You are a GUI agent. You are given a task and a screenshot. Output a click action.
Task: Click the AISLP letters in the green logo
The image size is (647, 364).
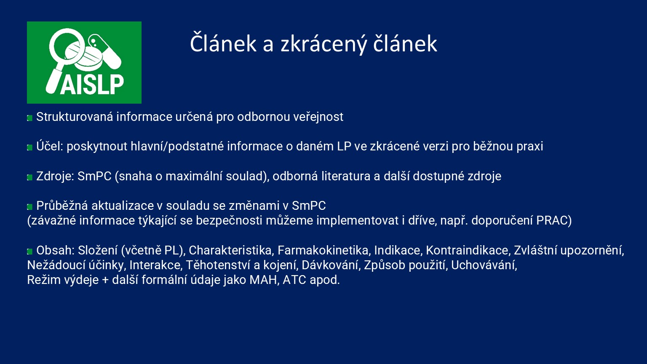92,84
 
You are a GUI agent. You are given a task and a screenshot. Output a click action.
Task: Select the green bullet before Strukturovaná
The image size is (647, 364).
30,118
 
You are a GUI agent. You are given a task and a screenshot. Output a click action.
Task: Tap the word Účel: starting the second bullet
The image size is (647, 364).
50,147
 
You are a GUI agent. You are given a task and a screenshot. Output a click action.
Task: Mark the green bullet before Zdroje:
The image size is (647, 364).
30,177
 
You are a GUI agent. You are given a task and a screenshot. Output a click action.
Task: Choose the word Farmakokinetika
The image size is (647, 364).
323,250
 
